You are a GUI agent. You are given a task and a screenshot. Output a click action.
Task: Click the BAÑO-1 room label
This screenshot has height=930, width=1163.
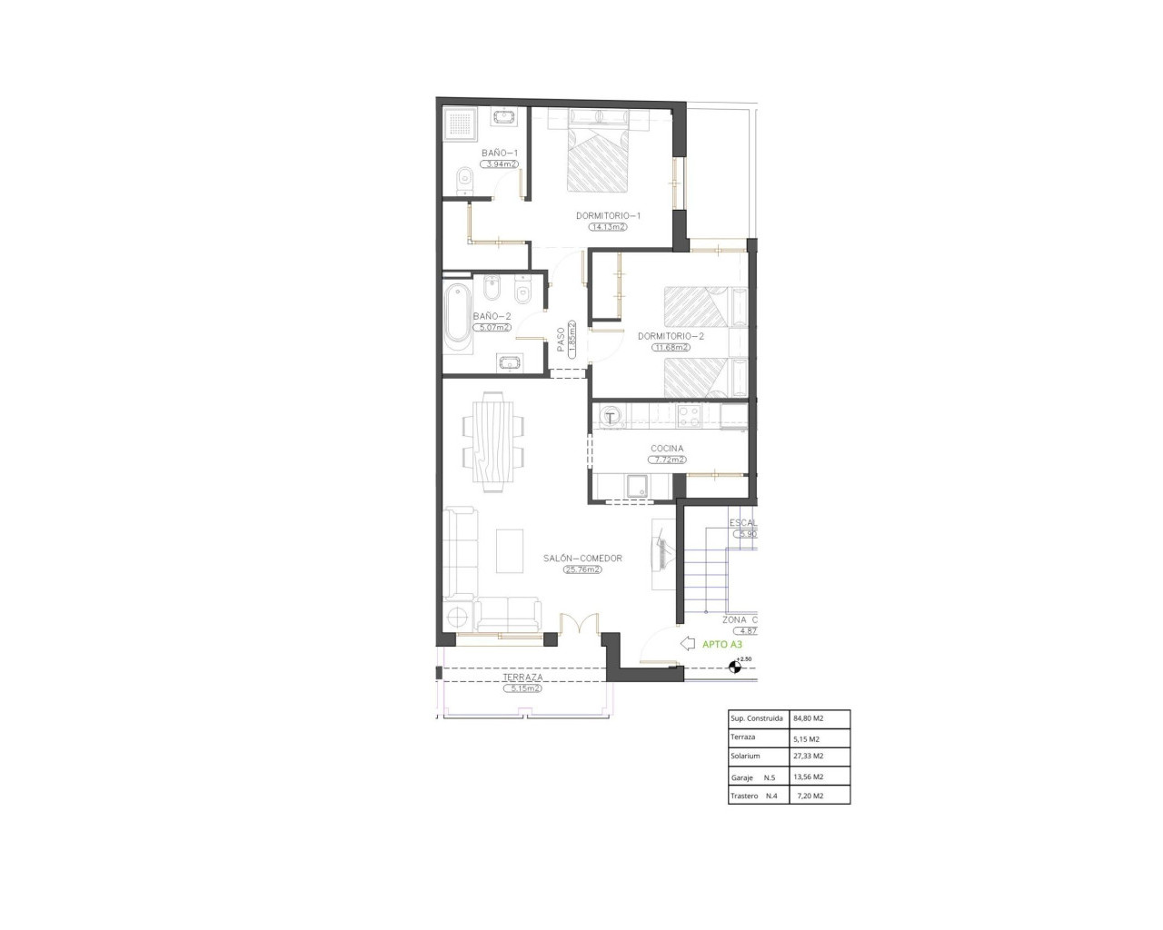click(x=500, y=153)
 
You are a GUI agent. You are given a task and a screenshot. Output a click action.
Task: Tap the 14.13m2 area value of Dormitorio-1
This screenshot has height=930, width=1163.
click(x=609, y=227)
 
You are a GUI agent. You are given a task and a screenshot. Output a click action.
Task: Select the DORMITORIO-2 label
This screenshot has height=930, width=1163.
click(x=671, y=335)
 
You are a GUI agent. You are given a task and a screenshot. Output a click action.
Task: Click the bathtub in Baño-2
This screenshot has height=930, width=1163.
click(x=457, y=315)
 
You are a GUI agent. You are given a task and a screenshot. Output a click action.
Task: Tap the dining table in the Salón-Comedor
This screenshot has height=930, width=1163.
click(x=493, y=440)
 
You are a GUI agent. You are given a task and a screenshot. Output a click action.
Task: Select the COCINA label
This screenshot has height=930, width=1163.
click(x=667, y=449)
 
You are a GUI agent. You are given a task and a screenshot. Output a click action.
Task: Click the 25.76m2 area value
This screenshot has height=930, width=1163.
click(x=582, y=569)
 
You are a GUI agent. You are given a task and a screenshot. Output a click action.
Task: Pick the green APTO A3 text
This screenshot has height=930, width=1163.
click(x=722, y=644)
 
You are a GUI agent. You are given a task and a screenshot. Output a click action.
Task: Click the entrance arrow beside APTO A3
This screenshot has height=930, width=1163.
click(x=687, y=643)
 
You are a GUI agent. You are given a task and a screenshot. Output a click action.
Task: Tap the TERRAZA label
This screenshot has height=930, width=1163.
click(x=522, y=678)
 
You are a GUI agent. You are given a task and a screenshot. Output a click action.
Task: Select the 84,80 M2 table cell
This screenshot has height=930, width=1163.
click(x=808, y=717)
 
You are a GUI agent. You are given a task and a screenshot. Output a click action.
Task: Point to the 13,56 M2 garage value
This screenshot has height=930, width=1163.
click(x=808, y=777)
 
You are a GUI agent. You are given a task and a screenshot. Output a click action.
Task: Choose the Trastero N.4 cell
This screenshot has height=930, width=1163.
click(x=755, y=796)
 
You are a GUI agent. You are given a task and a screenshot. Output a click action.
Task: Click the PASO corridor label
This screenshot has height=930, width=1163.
click(x=561, y=339)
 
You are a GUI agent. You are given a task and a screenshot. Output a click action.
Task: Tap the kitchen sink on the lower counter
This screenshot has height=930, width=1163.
click(x=636, y=486)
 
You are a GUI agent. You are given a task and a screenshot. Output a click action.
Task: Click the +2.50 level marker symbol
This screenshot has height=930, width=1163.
click(x=735, y=668)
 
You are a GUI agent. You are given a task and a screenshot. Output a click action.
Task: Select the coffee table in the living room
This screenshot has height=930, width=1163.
click(x=509, y=551)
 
